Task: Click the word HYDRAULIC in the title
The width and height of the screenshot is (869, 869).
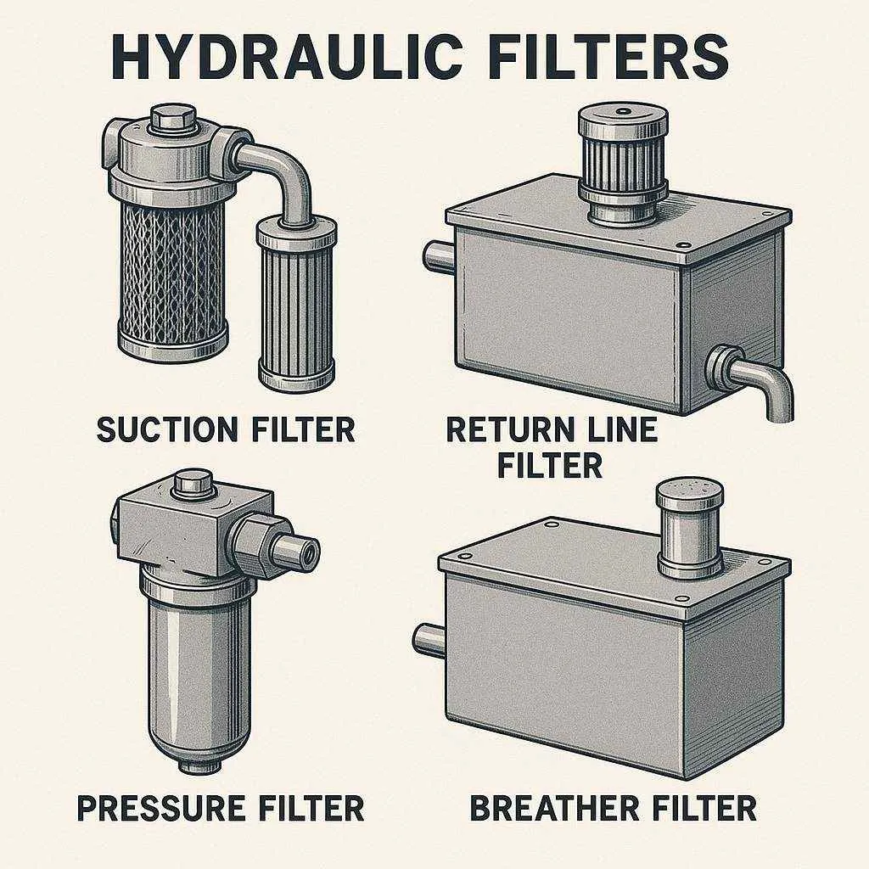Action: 286,57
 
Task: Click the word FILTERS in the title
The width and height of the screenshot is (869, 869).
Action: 608,57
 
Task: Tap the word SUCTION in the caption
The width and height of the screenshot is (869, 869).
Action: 165,429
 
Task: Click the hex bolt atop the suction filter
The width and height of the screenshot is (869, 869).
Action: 173,121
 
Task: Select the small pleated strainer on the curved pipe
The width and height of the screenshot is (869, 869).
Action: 296,305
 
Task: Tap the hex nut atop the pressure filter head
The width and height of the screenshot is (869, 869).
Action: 193,484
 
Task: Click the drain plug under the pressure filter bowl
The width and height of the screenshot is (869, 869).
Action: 199,765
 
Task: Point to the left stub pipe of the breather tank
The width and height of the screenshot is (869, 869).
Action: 430,640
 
